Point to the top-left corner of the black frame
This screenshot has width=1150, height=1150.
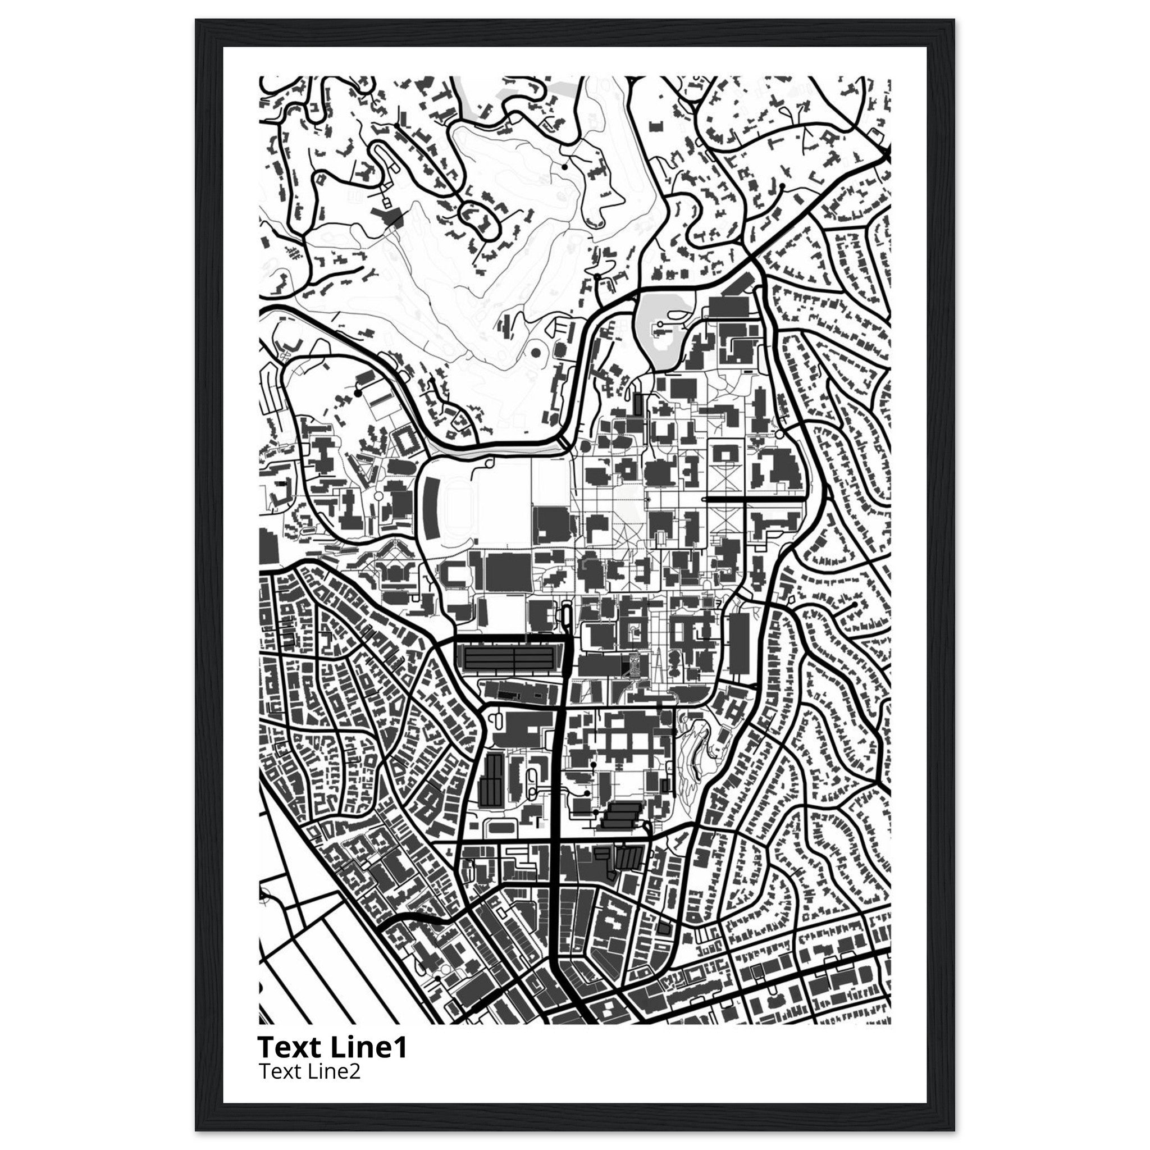pyautogui.click(x=197, y=20)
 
